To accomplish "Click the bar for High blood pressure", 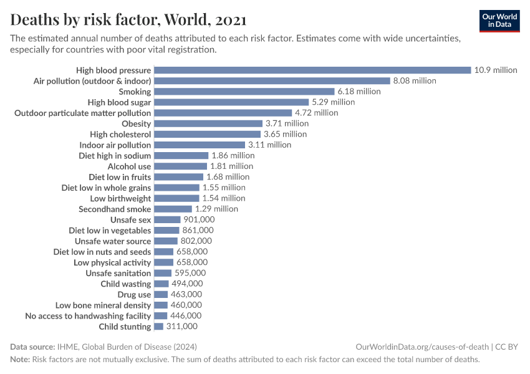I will pos(312,70).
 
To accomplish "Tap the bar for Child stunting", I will pos(158,327).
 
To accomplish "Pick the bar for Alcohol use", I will pos(180,166).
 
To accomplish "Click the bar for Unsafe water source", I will pos(165,241).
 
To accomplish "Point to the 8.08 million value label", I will pos(414,81).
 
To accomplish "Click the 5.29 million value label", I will pos(333,102).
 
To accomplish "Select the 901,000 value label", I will pos(199,220).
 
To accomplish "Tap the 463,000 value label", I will pos(186,294).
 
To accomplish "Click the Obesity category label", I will pos(136,123).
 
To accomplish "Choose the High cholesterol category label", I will pos(120,134).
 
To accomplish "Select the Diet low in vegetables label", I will pos(110,231).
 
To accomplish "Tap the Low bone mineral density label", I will pos(103,305).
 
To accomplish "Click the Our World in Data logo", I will pos(499,21).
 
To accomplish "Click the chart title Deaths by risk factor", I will pos(128,20).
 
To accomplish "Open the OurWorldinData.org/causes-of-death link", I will pos(422,347).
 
